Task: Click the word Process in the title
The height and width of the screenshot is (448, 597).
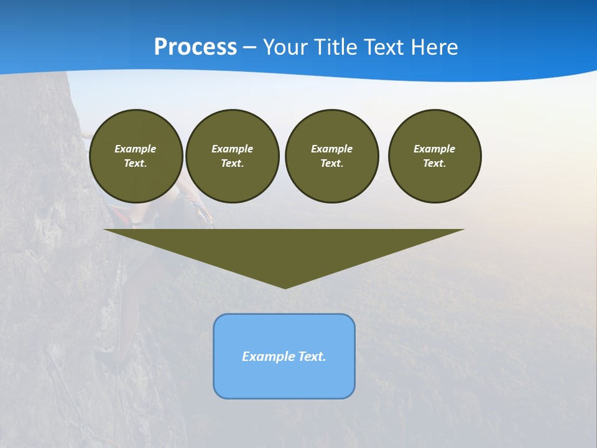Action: click(195, 47)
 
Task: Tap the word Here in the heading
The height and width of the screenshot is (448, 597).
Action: click(433, 47)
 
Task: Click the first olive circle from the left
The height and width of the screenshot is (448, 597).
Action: click(136, 156)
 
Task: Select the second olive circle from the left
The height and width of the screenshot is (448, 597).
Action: click(233, 156)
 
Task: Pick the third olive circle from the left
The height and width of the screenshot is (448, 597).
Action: click(331, 156)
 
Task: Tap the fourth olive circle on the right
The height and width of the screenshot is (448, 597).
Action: click(435, 156)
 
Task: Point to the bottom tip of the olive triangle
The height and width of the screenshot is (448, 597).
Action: click(285, 287)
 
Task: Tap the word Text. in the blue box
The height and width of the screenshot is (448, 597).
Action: click(312, 357)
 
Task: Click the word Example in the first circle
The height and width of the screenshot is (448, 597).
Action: click(136, 149)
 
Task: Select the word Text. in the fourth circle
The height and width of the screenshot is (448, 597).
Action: click(435, 164)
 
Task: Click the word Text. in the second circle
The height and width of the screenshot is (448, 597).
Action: click(233, 164)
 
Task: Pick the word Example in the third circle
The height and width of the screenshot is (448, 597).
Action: click(331, 149)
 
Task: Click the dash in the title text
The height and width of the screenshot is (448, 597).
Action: click(250, 47)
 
